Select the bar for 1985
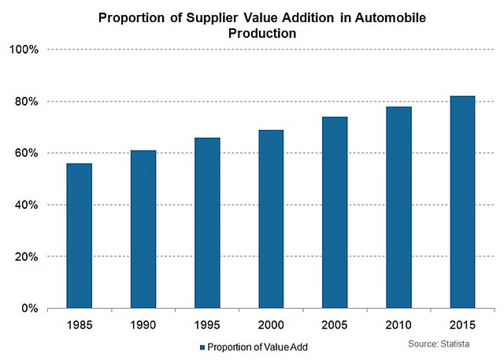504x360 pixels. pos(79,236)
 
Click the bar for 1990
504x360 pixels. pos(143,229)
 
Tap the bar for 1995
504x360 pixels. pos(207,223)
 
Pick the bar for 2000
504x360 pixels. pos(271,219)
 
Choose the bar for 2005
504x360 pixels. pos(335,213)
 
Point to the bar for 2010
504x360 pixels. pos(399,208)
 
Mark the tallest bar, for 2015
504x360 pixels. pos(462,202)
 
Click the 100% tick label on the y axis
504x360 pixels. pos(24,50)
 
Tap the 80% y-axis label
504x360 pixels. pos(26,102)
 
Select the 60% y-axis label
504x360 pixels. pos(26,153)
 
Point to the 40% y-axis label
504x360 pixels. pos(26,205)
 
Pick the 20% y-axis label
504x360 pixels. pos(26,257)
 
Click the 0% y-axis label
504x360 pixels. pos(30,308)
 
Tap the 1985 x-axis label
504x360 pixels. pos(80,325)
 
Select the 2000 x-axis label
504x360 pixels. pos(271,325)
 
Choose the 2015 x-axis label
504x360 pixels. pos(462,325)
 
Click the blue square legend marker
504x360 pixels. pos(202,347)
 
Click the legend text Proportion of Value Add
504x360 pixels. pos(258,347)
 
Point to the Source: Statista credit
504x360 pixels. pos(439,344)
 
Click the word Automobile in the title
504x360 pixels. pos(391,17)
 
